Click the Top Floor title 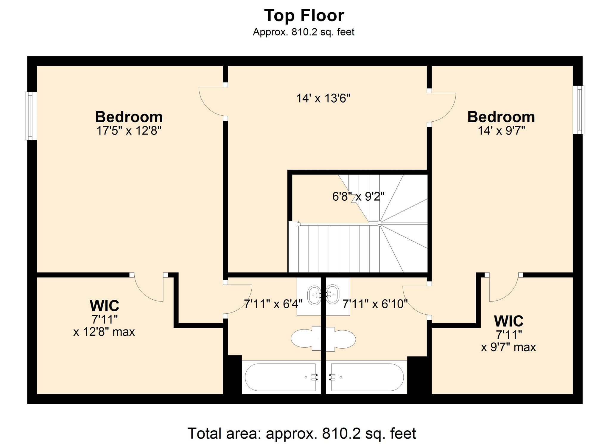(x=304, y=16)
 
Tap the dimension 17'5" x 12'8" (x=129, y=131)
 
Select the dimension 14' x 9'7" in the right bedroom (x=501, y=131)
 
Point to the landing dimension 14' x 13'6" (x=323, y=98)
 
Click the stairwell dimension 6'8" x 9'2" (x=358, y=196)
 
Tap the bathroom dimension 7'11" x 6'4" (x=273, y=304)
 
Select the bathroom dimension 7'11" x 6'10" (x=375, y=304)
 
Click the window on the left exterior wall (x=31, y=116)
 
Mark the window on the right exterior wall (x=579, y=110)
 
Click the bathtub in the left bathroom (x=281, y=377)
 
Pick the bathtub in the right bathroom (x=367, y=377)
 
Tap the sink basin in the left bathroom (x=314, y=295)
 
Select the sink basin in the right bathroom (x=332, y=295)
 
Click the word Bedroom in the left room (x=129, y=117)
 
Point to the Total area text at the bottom (x=301, y=433)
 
